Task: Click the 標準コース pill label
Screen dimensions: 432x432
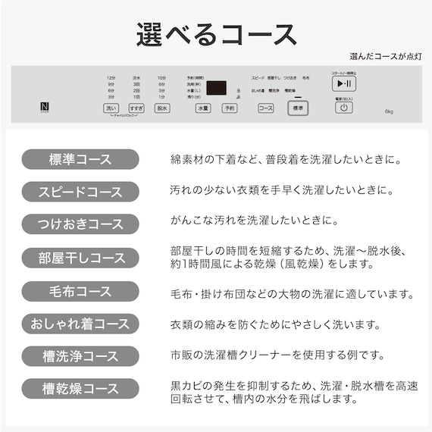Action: (80, 160)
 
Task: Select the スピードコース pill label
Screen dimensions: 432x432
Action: (80, 192)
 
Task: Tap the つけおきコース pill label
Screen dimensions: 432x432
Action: (80, 224)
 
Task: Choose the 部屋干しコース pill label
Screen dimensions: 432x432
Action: (80, 258)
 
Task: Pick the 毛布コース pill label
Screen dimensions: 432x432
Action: (80, 291)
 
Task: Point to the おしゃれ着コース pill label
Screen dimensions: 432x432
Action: (80, 324)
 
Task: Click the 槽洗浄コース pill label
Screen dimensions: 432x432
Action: (80, 356)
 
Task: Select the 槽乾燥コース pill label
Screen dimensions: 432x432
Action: (80, 389)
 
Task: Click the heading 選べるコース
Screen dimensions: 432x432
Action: (216, 34)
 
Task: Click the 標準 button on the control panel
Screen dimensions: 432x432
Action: (297, 108)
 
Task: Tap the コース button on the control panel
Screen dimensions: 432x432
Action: (265, 108)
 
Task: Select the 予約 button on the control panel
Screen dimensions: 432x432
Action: (228, 108)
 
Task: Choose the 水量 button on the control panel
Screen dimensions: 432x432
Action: (202, 108)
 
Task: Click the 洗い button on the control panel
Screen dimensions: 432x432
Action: (111, 108)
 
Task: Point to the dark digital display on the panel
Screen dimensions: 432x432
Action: (215, 88)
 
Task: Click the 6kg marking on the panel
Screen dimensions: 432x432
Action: (388, 112)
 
